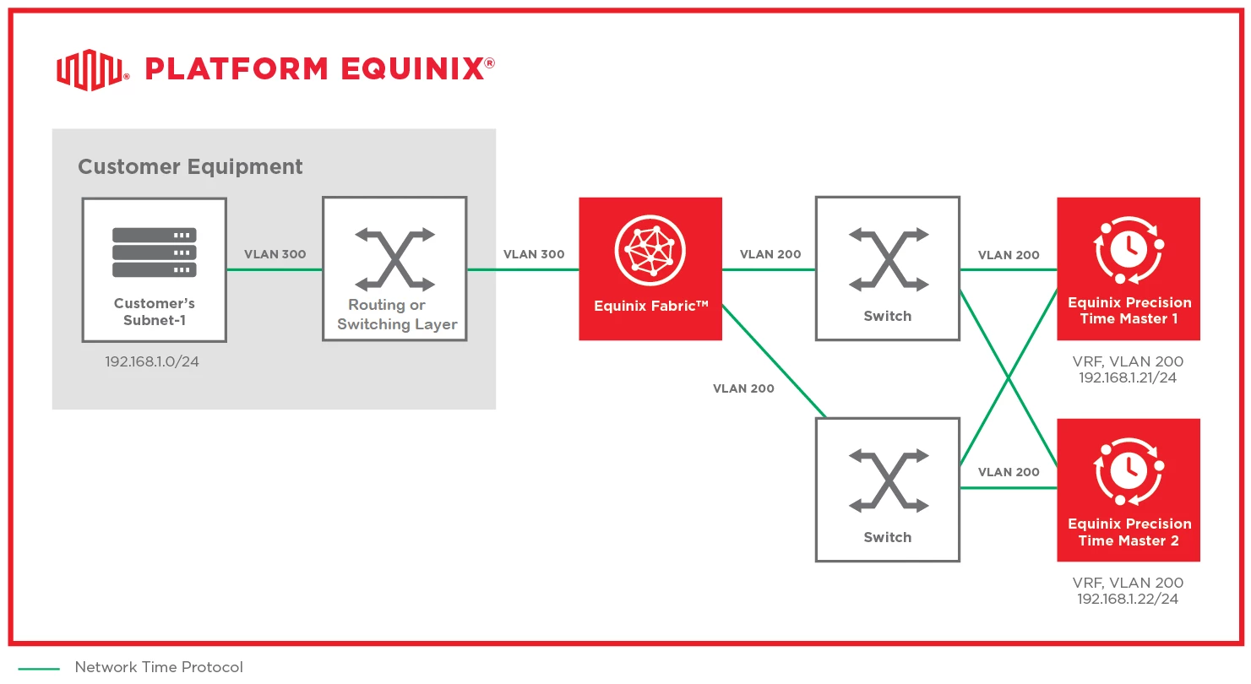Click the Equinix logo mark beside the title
click(x=90, y=69)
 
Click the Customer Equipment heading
click(x=190, y=166)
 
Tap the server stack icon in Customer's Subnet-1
click(x=154, y=252)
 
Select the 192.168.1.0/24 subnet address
click(x=154, y=361)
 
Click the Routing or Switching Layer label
click(x=396, y=314)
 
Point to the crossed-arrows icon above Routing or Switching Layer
click(x=394, y=258)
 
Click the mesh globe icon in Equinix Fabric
click(x=650, y=251)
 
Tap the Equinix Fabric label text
click(x=650, y=306)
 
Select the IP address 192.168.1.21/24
click(x=1128, y=377)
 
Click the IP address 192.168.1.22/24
click(x=1128, y=599)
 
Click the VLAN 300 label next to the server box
click(x=275, y=254)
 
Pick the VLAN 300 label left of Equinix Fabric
click(x=534, y=254)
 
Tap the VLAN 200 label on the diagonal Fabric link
click(x=743, y=388)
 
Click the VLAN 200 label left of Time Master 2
click(x=1009, y=472)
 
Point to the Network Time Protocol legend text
click(x=159, y=667)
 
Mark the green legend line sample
click(x=34, y=669)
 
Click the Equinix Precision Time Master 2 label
click(x=1129, y=532)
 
